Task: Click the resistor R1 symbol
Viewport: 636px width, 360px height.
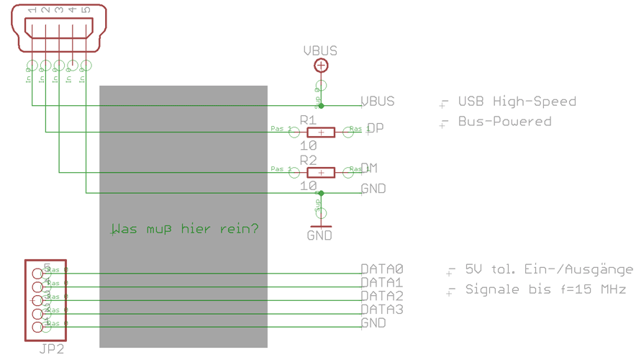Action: coord(321,132)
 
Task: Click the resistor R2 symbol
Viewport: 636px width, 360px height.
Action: coord(321,172)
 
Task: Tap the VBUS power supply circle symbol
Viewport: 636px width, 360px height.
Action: coord(321,66)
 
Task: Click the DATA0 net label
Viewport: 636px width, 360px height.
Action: coord(382,269)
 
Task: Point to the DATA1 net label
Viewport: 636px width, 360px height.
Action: coord(382,283)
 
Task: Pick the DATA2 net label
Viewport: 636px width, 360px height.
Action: coord(382,296)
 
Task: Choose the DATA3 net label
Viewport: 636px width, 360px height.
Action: coord(382,310)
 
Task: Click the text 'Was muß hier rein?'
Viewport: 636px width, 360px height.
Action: coord(184,229)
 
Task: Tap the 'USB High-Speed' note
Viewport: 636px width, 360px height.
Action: coord(517,102)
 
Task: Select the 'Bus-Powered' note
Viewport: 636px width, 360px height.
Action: coord(504,122)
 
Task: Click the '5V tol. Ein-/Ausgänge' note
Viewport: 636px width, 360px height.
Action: coord(549,269)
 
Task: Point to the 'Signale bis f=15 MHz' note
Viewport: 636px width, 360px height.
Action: coord(545,289)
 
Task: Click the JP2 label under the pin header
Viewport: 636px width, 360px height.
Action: coord(52,349)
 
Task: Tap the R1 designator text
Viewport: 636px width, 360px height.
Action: coord(309,120)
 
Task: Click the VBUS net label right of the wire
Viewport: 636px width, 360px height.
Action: coord(378,102)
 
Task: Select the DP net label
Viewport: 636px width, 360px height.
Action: coord(375,128)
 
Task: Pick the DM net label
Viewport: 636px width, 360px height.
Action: coord(369,168)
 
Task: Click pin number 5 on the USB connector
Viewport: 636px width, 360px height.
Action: coord(86,10)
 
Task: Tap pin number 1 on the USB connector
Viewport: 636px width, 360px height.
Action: coord(32,10)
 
